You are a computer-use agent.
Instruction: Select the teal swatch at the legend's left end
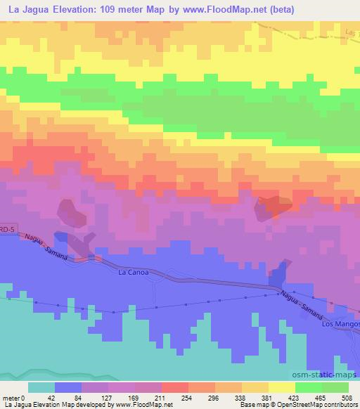[41, 387]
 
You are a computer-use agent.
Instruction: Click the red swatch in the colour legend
[174, 387]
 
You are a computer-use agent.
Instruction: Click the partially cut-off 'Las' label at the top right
[352, 31]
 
